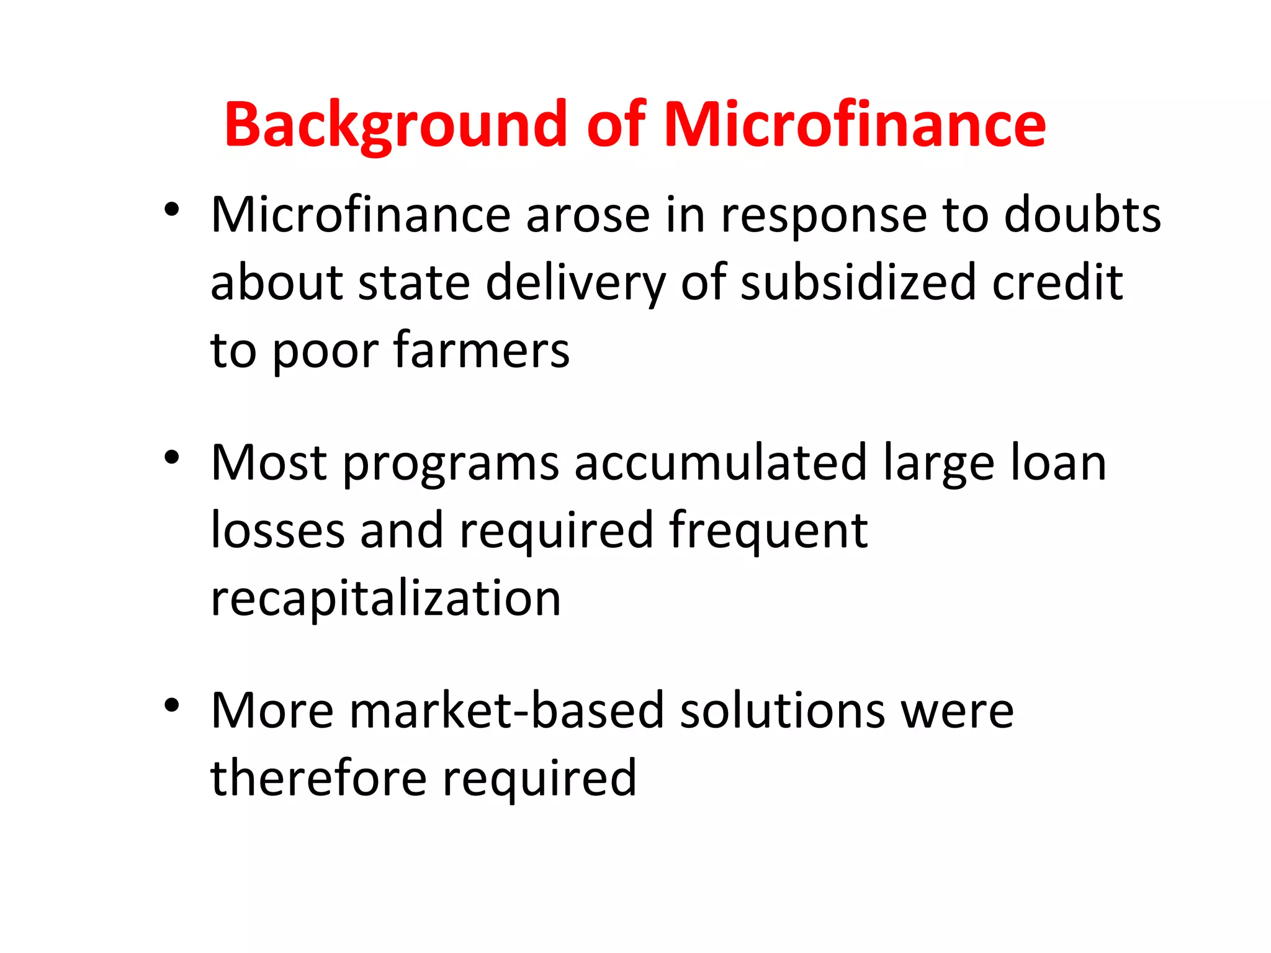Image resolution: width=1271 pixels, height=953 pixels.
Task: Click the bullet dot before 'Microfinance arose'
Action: [x=172, y=209]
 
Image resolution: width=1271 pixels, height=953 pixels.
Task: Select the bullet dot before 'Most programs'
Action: [x=172, y=458]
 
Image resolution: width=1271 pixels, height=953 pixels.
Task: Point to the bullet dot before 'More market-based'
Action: [x=172, y=705]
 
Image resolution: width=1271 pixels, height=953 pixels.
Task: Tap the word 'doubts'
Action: [x=1082, y=215]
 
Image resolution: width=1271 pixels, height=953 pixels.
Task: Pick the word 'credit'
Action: [x=1058, y=283]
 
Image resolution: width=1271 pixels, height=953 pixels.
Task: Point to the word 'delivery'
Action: [x=575, y=283]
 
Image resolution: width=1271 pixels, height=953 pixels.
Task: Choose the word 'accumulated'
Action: [x=721, y=463]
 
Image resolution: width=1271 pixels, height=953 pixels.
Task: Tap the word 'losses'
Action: [x=277, y=531]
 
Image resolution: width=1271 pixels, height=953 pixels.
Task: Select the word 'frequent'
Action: [x=768, y=531]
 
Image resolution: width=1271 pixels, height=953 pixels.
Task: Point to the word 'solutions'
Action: [x=783, y=711]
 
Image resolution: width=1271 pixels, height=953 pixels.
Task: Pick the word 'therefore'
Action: [x=318, y=779]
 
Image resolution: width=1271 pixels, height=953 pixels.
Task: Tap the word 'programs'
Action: [x=451, y=463]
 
